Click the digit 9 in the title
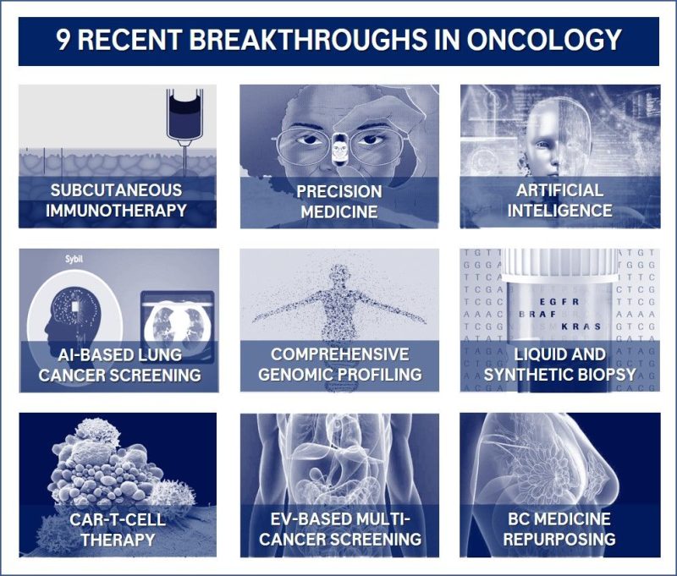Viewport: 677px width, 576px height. coord(64,40)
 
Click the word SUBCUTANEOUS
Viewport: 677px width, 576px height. coord(117,189)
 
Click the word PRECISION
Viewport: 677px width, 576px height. coord(339,191)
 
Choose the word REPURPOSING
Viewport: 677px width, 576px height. coord(559,538)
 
